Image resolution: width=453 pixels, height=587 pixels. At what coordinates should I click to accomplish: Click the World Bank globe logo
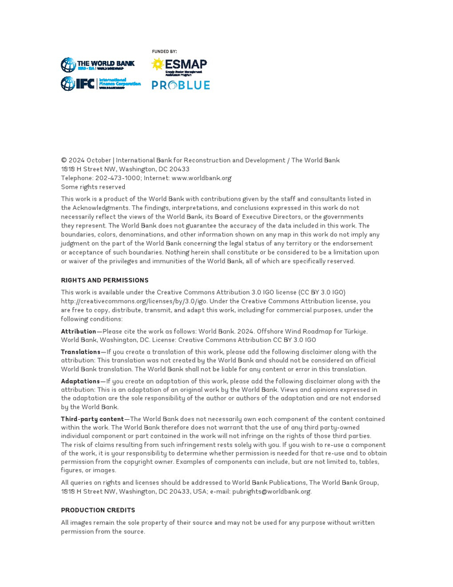tap(68, 65)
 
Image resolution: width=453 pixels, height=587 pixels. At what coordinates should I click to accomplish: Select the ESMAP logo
tap(179, 66)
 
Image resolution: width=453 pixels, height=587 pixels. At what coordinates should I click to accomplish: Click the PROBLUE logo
tap(181, 86)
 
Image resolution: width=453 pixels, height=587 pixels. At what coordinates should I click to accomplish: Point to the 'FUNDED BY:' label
tap(164, 52)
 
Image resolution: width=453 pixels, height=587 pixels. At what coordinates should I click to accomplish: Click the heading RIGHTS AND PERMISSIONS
tap(105, 281)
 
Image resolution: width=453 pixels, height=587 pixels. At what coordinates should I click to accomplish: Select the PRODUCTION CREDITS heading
tap(98, 511)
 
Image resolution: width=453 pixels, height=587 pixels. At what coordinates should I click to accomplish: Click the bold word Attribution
tap(78, 332)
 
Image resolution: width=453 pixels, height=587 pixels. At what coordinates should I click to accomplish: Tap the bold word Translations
tap(80, 352)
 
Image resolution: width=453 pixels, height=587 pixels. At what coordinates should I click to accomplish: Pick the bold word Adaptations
tap(80, 382)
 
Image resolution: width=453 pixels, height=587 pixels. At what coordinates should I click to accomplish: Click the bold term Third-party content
tap(92, 419)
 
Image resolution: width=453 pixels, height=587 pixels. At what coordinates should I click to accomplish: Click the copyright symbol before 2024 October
tap(64, 161)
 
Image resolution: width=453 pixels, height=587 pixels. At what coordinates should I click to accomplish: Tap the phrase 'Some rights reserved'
tap(93, 187)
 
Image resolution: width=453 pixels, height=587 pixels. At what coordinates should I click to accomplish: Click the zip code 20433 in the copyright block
tap(179, 169)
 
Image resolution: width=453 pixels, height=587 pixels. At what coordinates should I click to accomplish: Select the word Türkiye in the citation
tap(355, 332)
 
